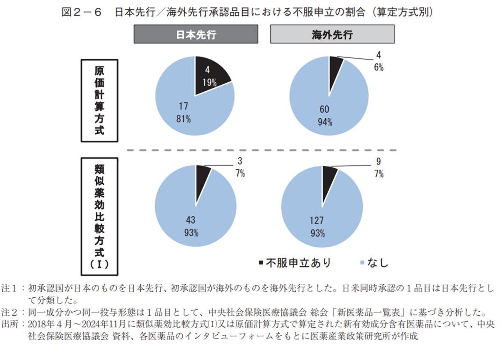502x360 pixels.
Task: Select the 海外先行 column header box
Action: click(332, 35)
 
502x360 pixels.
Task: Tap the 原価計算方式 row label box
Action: click(100, 100)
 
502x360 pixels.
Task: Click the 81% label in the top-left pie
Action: click(184, 119)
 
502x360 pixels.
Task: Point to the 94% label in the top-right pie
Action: click(324, 122)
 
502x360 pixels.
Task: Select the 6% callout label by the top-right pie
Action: click(378, 68)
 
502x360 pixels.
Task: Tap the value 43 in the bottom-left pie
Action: click(191, 219)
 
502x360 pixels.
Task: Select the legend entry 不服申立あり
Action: click(294, 263)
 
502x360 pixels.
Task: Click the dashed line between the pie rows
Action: click(262, 150)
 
